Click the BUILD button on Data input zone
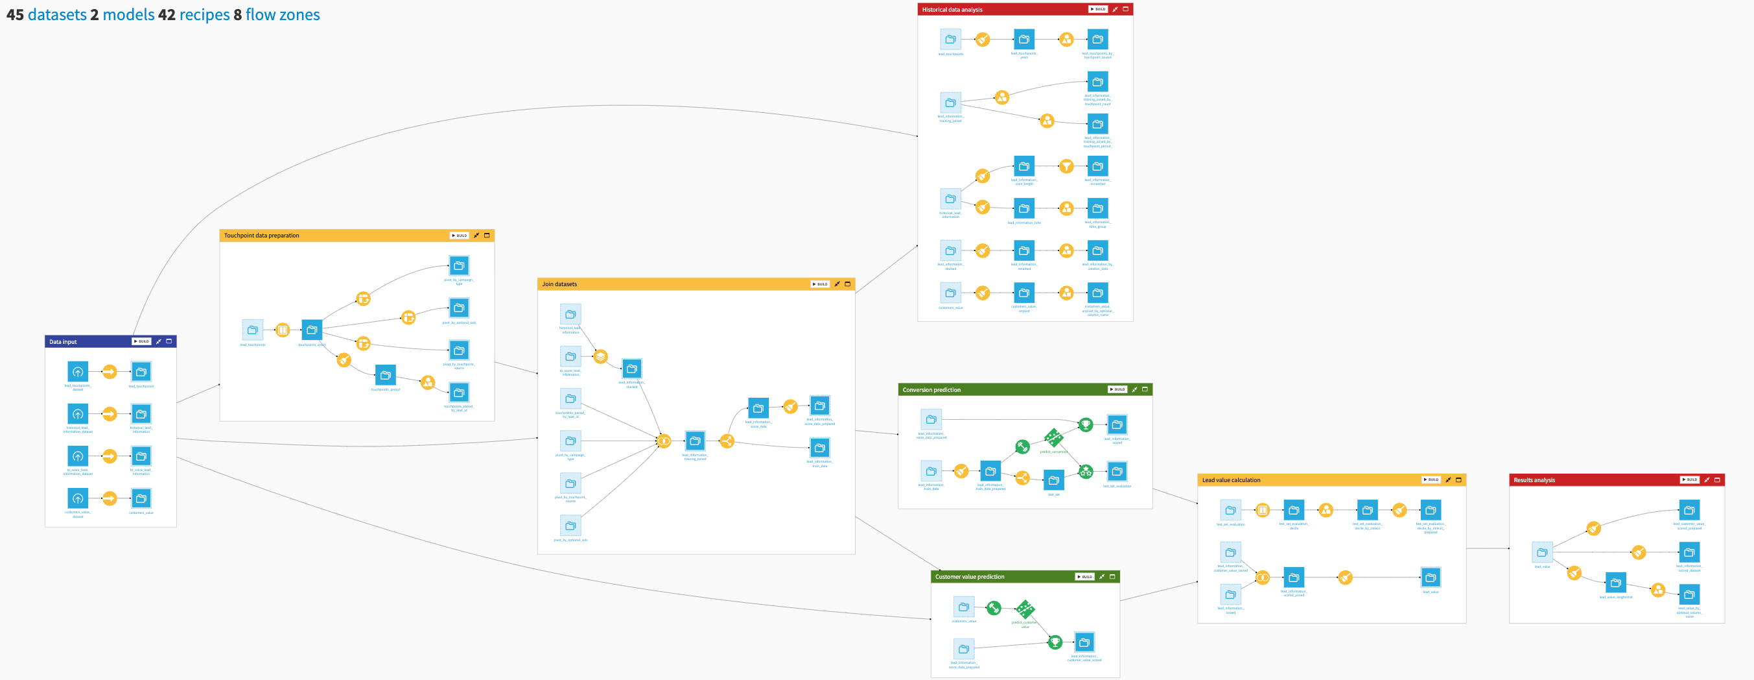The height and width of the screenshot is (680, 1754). (141, 341)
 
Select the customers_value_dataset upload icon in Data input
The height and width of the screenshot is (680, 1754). (78, 498)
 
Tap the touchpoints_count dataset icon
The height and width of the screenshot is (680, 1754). (312, 330)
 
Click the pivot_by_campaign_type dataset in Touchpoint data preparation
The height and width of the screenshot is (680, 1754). (459, 266)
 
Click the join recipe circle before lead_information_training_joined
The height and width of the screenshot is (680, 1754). (664, 441)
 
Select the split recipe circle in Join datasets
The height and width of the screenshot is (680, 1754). (727, 441)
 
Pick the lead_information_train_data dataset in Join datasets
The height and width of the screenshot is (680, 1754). (820, 448)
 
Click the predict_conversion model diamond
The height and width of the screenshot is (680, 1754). (1053, 437)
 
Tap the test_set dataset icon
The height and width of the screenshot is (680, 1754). (1053, 480)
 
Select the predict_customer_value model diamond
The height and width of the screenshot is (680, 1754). (1025, 609)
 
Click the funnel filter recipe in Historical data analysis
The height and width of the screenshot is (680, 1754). (1066, 166)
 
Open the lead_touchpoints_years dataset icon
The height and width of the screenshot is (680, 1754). (1023, 40)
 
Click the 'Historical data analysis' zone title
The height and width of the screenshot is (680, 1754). (952, 10)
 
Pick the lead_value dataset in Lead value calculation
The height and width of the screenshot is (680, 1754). (1431, 577)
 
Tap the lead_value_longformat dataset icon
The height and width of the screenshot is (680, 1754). (1615, 583)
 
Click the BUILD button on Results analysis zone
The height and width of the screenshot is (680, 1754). (1689, 480)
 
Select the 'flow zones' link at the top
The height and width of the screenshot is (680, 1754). (282, 14)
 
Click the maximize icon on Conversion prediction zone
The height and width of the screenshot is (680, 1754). (1145, 390)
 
